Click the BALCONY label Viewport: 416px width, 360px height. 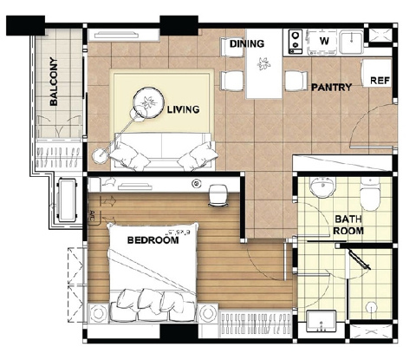click(54, 82)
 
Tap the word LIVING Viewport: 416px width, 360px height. click(184, 109)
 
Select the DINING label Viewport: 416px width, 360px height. click(247, 43)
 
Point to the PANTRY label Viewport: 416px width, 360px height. click(331, 87)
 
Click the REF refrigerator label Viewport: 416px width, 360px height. click(380, 81)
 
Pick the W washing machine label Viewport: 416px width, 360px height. click(324, 41)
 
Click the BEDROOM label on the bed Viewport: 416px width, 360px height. click(153, 240)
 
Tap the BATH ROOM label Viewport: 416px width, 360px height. click(348, 225)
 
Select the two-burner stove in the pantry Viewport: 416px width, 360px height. click(296, 42)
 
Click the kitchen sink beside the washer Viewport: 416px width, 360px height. click(351, 43)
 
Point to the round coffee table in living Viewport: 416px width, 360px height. click(148, 102)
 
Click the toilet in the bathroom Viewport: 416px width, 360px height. click(370, 194)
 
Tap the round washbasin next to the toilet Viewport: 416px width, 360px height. click(322, 187)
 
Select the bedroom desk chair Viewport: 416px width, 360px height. click(218, 195)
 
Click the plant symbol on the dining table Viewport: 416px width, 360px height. click(263, 64)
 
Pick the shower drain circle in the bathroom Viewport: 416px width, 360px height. click(371, 308)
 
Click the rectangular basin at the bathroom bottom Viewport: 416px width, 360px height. click(322, 322)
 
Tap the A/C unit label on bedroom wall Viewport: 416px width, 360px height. click(93, 215)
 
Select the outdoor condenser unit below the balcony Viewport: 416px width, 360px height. click(68, 200)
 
